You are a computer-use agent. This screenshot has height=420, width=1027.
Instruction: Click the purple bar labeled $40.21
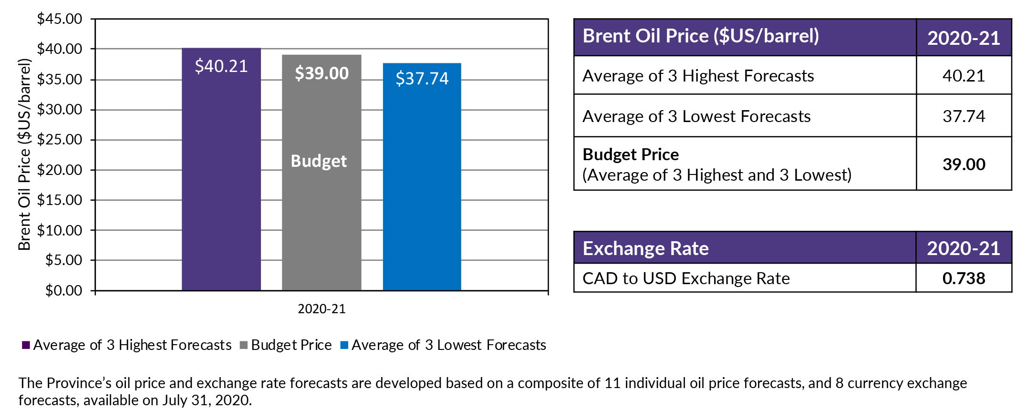pyautogui.click(x=221, y=181)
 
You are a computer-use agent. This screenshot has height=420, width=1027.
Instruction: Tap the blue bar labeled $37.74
pyautogui.click(x=422, y=191)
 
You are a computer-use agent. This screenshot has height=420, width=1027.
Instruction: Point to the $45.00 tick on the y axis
pyautogui.click(x=60, y=19)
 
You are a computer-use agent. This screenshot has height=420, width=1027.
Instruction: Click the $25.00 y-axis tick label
pyautogui.click(x=60, y=140)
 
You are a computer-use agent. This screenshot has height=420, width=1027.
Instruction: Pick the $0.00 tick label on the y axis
pyautogui.click(x=63, y=290)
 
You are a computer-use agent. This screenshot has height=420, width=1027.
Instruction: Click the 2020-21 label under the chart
pyautogui.click(x=322, y=309)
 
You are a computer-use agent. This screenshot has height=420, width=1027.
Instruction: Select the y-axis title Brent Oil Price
pyautogui.click(x=24, y=154)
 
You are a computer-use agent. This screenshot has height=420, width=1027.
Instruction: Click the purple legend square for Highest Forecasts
pyautogui.click(x=26, y=345)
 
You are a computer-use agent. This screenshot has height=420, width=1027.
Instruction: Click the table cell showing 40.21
pyautogui.click(x=964, y=76)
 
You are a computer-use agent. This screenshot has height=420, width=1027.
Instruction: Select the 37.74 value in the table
pyautogui.click(x=964, y=116)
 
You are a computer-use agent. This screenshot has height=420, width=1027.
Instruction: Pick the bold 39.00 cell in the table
pyautogui.click(x=964, y=164)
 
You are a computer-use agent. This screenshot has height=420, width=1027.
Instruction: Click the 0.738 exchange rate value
pyautogui.click(x=964, y=278)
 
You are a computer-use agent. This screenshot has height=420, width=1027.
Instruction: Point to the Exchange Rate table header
pyautogui.click(x=645, y=248)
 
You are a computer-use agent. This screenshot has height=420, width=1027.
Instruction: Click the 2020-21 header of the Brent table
pyautogui.click(x=964, y=38)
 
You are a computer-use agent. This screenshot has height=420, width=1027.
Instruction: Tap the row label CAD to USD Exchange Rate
pyautogui.click(x=686, y=278)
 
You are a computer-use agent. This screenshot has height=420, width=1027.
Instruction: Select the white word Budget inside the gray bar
pyautogui.click(x=319, y=161)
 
